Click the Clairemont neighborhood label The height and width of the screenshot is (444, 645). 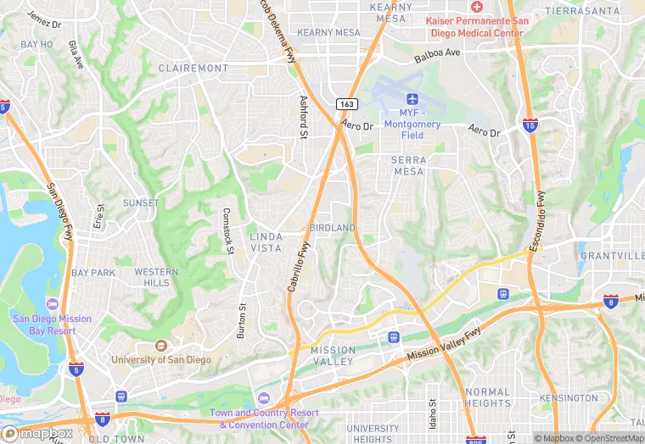point(193,68)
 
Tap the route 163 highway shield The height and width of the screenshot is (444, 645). point(345,103)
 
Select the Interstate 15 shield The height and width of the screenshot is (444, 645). point(530,125)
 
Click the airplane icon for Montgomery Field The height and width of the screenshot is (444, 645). point(412,100)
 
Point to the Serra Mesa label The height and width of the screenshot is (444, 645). point(408,165)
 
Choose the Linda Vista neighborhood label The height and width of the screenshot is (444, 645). point(266,241)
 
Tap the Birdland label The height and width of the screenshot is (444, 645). point(332,229)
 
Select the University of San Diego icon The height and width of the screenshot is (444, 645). point(160,346)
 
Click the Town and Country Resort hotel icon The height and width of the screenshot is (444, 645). point(264,399)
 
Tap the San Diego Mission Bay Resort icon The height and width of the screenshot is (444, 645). point(52,304)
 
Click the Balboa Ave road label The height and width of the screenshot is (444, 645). point(436,53)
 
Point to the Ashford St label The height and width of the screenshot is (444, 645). point(303,116)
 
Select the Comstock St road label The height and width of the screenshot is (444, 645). point(227,230)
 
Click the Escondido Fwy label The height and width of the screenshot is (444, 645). point(538,222)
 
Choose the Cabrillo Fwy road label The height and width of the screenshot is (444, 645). point(299,268)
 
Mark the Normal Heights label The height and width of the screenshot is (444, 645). point(487,397)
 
